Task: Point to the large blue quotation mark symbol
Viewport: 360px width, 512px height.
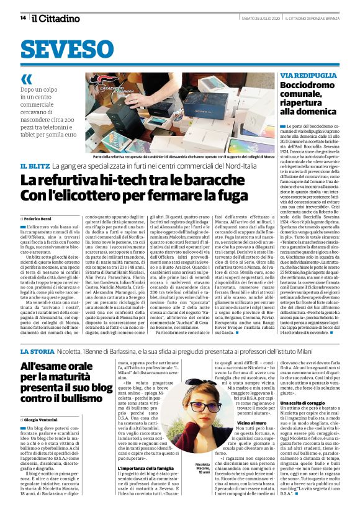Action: pos(27,79)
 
